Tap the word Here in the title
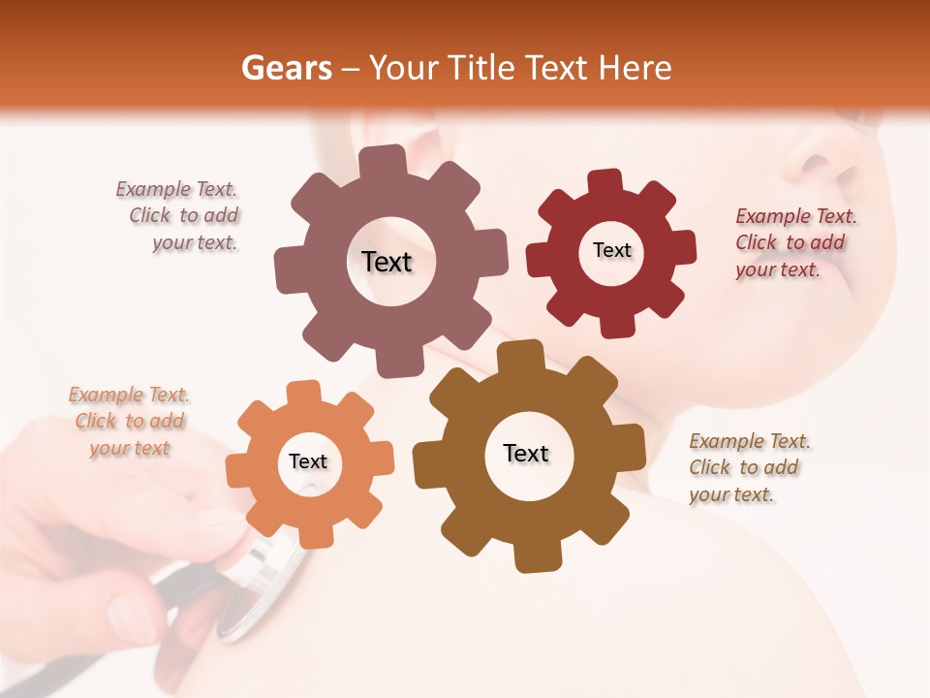pos(635,68)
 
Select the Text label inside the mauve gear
pos(387,262)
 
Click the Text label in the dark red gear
pos(611,250)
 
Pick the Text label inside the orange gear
pos(308,461)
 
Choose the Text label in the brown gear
pos(526,453)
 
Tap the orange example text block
pos(130,422)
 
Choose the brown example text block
pos(748,467)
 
